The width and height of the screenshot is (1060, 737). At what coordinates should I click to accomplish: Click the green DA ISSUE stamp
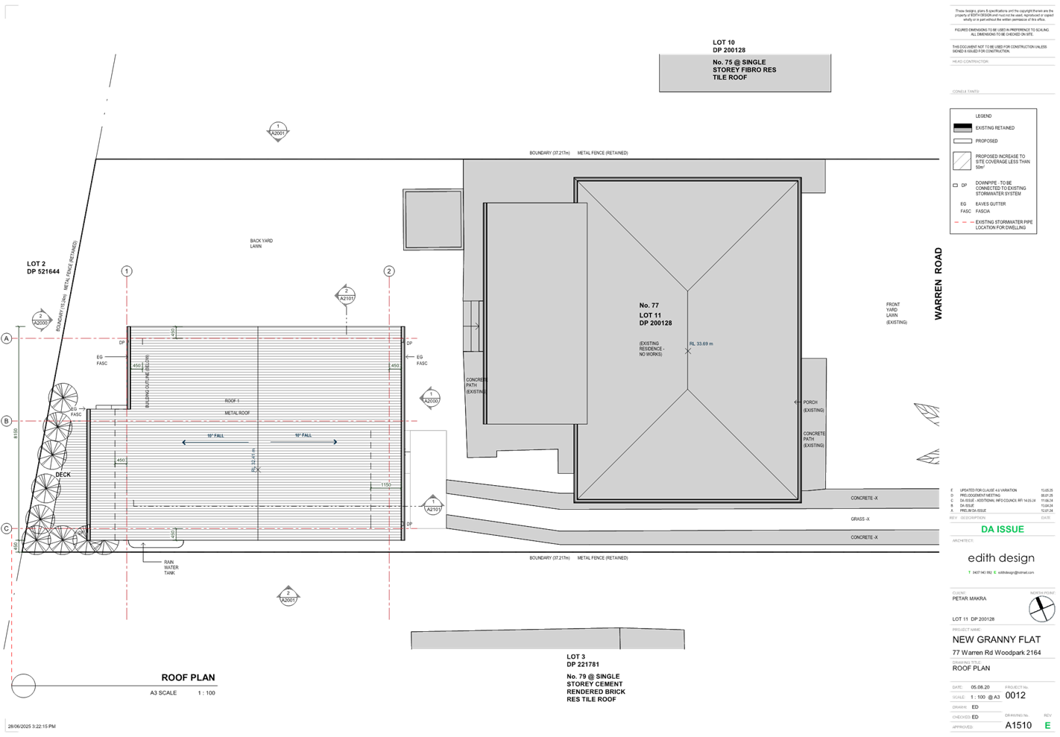(1002, 529)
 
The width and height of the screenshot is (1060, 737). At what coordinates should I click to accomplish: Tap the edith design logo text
(1000, 558)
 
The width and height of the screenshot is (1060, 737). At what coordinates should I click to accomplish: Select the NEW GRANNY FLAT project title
(996, 639)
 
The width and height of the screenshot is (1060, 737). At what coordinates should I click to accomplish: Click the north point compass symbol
(1041, 609)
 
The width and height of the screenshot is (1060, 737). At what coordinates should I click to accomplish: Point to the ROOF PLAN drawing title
(188, 677)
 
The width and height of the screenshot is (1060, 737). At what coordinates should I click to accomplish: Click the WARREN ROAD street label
(938, 284)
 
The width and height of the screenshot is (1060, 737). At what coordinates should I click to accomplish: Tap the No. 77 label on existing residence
(649, 306)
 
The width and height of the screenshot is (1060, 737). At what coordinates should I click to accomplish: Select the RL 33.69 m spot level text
(701, 344)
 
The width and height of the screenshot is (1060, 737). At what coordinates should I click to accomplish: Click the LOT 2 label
(37, 264)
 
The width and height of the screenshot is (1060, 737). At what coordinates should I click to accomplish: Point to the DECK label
(63, 474)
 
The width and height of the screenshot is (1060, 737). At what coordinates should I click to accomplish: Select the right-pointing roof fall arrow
(303, 442)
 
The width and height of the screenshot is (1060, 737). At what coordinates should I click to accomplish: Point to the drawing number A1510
(1018, 724)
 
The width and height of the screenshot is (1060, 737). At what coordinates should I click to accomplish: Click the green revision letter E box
(1047, 724)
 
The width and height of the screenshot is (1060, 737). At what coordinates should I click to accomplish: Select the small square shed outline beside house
(433, 219)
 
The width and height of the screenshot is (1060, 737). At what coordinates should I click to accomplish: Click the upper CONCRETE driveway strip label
(864, 498)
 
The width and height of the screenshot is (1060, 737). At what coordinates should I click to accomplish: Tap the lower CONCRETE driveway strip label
(864, 537)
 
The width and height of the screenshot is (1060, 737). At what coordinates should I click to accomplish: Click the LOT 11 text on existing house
(650, 315)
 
